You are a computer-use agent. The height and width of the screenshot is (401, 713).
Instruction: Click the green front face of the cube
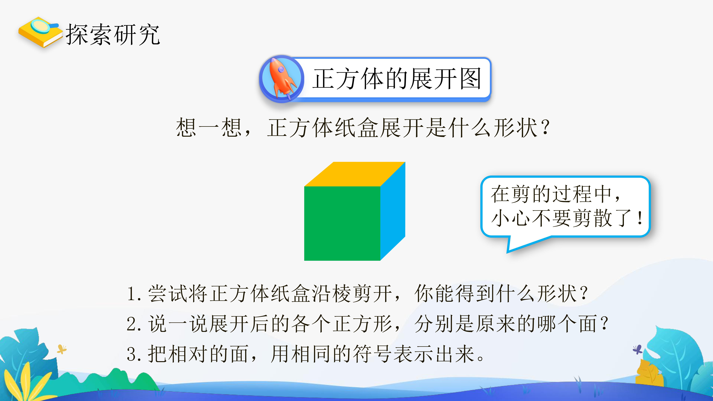coord(342,223)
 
